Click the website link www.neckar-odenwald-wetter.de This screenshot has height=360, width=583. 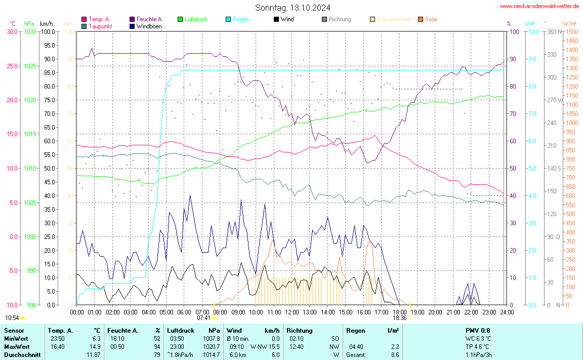tap(539, 6)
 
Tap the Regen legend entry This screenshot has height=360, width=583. tap(240, 19)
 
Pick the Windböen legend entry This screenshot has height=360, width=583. tap(149, 26)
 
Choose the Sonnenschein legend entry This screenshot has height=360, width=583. tap(392, 19)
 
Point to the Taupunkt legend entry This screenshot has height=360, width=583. tap(100, 26)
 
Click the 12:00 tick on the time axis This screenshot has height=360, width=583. tap(291, 312)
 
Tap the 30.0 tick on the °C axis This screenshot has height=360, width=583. tap(11, 32)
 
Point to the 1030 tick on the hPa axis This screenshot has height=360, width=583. tap(30, 32)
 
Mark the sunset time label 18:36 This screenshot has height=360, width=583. tap(399, 318)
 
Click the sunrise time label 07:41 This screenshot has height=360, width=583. tap(203, 318)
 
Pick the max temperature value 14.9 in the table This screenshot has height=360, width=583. tap(96, 346)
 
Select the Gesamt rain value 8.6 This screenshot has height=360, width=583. tap(394, 354)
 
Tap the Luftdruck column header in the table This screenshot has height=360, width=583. tap(181, 331)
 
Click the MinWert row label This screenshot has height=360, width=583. tap(16, 338)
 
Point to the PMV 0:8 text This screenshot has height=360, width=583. tap(478, 331)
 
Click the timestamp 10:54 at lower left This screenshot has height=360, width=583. tap(12, 318)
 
